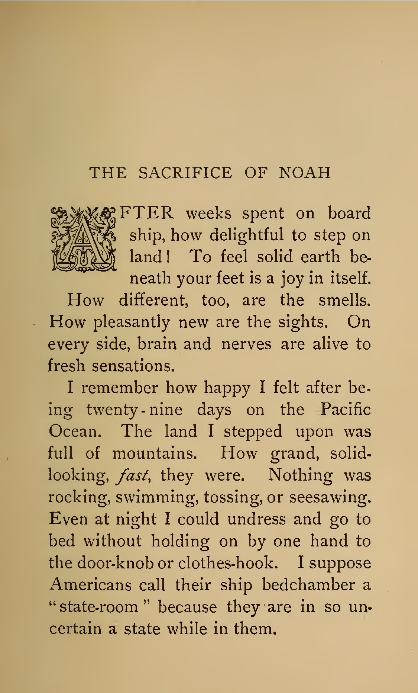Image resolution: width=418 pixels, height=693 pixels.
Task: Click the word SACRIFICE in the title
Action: (x=185, y=173)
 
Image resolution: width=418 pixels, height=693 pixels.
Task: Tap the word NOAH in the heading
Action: (x=305, y=173)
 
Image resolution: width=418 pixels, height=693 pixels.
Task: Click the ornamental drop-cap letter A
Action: (x=84, y=239)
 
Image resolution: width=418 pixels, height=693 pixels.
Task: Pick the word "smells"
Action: (x=344, y=300)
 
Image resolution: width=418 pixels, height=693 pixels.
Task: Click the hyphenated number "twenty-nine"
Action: (x=135, y=410)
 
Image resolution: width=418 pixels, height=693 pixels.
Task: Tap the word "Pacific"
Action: (x=346, y=409)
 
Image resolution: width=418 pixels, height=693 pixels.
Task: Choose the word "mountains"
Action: (x=154, y=453)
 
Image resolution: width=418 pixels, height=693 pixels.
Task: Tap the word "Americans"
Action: (x=90, y=585)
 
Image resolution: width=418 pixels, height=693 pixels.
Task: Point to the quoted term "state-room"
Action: (x=99, y=607)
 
